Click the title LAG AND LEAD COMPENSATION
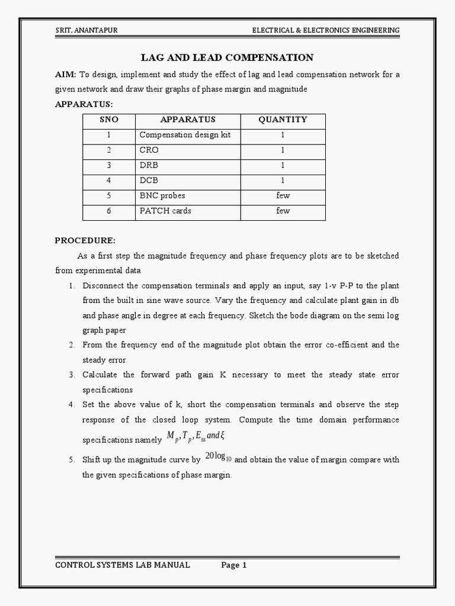pyautogui.click(x=227, y=57)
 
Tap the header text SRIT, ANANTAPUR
pyautogui.click(x=86, y=30)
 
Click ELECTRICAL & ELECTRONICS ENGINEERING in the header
pyautogui.click(x=326, y=30)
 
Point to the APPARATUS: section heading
pyautogui.click(x=84, y=104)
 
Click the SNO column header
pyautogui.click(x=109, y=120)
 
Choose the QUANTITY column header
pyautogui.click(x=283, y=120)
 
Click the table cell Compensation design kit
pyautogui.click(x=185, y=135)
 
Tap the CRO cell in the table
pyautogui.click(x=149, y=150)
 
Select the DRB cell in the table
pyautogui.click(x=149, y=165)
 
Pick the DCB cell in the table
pyautogui.click(x=149, y=180)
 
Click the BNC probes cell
pyautogui.click(x=162, y=195)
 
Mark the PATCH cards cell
pyautogui.click(x=165, y=211)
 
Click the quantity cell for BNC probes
pyautogui.click(x=283, y=195)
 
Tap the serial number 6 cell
pyautogui.click(x=109, y=211)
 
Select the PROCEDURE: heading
pyautogui.click(x=85, y=240)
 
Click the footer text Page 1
pyautogui.click(x=234, y=565)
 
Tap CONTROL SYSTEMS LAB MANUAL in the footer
pyautogui.click(x=123, y=565)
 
